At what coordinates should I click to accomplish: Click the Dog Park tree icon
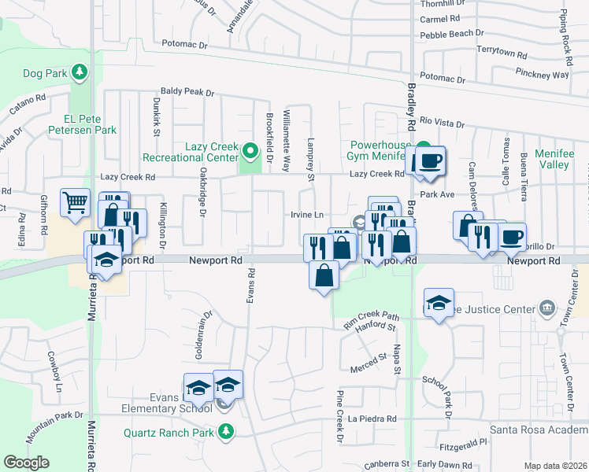click(79, 73)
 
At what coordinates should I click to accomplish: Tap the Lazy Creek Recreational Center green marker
click(250, 149)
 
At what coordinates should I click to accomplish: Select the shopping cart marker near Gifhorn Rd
click(75, 203)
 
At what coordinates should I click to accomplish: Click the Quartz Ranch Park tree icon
click(227, 431)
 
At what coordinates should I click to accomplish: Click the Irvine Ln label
click(307, 215)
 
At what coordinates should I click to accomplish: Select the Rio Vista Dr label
click(442, 124)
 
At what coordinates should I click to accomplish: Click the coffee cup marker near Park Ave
click(430, 161)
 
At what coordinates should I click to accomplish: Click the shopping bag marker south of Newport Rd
click(324, 276)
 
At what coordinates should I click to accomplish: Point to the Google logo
click(26, 463)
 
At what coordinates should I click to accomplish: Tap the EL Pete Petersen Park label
click(84, 130)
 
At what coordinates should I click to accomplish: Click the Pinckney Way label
click(544, 75)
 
